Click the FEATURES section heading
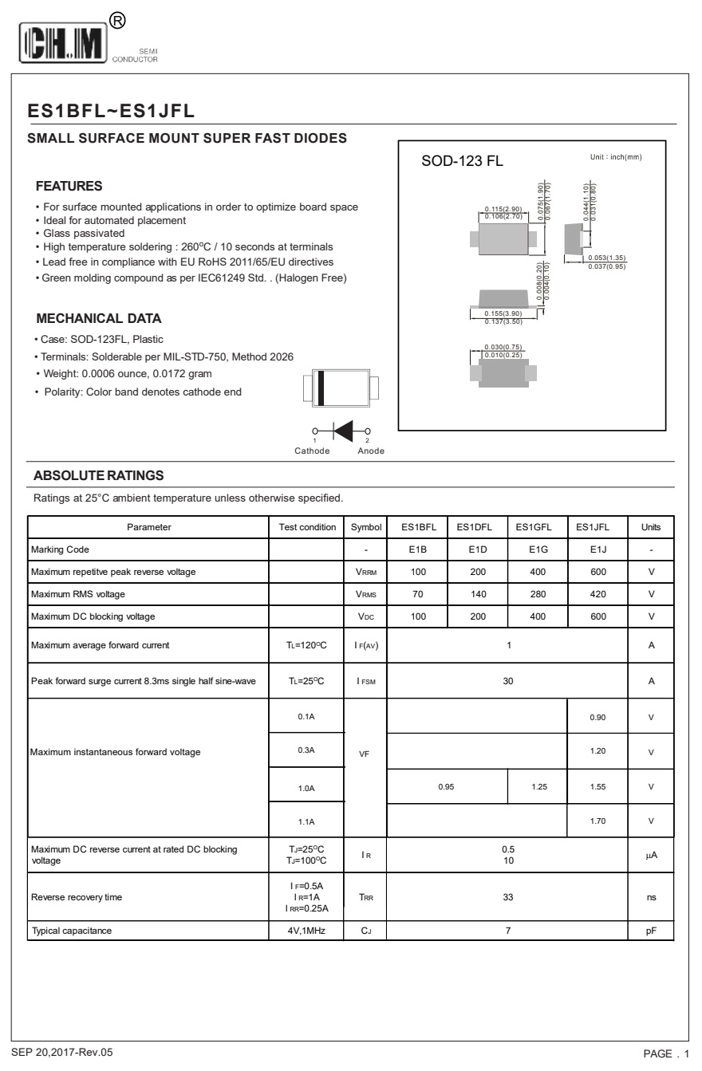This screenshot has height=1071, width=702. coord(69,187)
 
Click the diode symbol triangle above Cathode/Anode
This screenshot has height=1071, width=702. coord(344,431)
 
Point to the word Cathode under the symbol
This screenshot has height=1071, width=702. coord(312,451)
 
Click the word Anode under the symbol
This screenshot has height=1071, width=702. coord(371,451)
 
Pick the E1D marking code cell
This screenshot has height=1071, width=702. coord(476,549)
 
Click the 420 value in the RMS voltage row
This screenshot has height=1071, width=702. coord(598,594)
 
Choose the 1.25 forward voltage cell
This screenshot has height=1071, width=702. coord(537,787)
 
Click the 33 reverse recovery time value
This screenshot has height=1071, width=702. coord(507,897)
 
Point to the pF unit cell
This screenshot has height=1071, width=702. coord(651,930)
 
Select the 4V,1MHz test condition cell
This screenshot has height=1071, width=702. coord(306,930)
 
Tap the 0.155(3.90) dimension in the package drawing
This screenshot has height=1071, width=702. coord(503,314)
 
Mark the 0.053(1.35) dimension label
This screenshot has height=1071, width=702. coord(607,258)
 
